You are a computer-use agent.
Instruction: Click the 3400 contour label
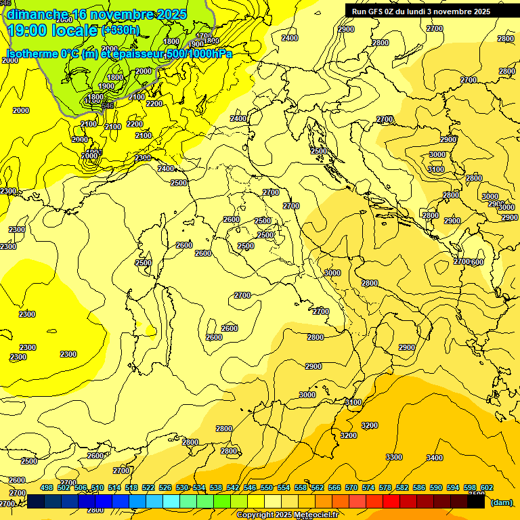pos(435,458)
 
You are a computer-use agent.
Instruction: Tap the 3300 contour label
pos(394,457)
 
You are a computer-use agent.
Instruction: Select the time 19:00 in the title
pos(27,30)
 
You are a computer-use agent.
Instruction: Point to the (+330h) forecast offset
pos(121,30)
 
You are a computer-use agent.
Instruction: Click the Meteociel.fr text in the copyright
pos(316,515)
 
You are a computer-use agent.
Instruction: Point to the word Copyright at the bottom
pos(253,515)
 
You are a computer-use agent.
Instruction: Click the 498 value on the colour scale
pos(47,487)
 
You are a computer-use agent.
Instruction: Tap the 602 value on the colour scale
pos(487,487)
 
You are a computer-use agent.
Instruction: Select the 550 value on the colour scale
pos(267,487)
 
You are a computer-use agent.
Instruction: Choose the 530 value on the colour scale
pos(182,487)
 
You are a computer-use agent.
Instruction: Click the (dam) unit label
pos(501,502)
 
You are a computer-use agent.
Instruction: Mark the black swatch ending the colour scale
pos(476,502)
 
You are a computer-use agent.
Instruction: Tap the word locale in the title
pos(74,30)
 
